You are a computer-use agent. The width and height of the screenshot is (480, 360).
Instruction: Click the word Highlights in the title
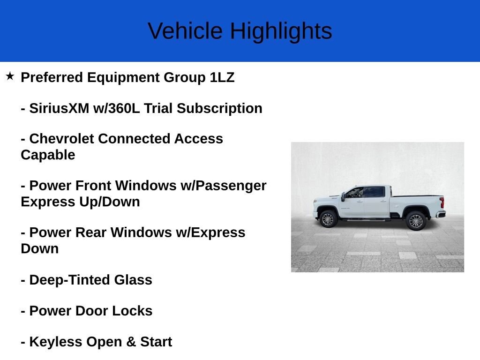(x=281, y=31)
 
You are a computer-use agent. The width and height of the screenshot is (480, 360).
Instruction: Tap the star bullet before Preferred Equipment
(x=10, y=76)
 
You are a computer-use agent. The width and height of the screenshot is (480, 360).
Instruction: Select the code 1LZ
(x=222, y=77)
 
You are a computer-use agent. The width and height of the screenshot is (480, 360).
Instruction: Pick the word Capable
(x=48, y=155)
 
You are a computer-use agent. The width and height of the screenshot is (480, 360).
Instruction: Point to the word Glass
(x=133, y=280)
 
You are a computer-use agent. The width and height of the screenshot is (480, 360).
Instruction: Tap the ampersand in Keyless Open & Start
(x=131, y=342)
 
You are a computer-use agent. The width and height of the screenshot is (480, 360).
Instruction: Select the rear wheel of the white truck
(x=415, y=221)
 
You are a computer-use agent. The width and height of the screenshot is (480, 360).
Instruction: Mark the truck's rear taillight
(x=442, y=202)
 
